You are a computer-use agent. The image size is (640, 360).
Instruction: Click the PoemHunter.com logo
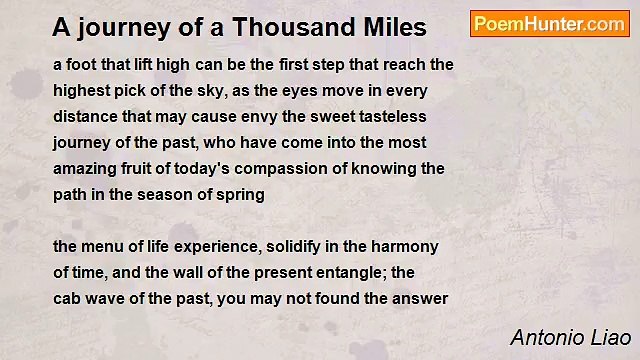coord(549,24)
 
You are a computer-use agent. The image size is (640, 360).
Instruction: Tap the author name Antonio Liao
coord(570,337)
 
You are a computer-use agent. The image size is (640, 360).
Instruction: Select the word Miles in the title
coord(392,26)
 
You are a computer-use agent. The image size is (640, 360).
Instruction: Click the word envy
coord(251,116)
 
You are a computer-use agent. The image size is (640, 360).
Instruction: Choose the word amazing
coord(85,168)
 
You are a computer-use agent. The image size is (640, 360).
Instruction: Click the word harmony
coord(406,246)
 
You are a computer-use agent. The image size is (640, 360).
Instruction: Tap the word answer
coord(421,298)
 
